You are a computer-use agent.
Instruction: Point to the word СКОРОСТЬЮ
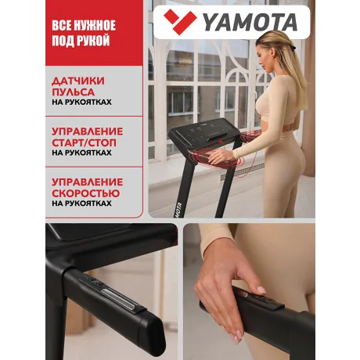pyautogui.click(x=86, y=191)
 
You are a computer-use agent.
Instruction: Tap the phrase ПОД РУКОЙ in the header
pyautogui.click(x=81, y=41)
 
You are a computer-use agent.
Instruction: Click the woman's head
pyautogui.click(x=275, y=49)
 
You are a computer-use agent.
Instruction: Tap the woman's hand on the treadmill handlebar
pyautogui.click(x=227, y=156)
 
